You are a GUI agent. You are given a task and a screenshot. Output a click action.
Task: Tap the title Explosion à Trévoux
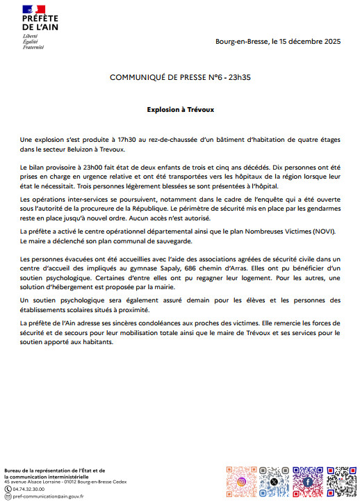coord(180,109)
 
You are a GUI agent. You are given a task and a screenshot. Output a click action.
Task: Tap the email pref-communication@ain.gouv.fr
coord(49,497)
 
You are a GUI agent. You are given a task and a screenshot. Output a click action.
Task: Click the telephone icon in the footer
coord(8,489)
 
